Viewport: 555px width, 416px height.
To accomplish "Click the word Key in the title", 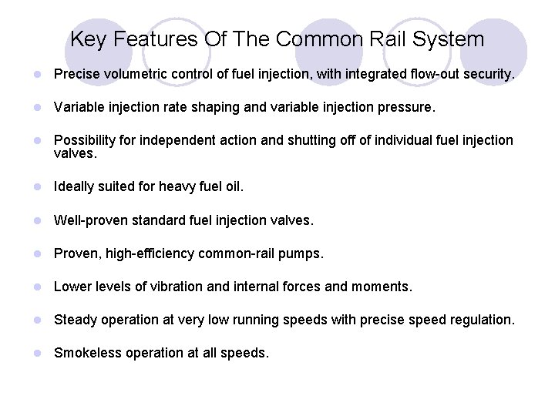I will (87, 39).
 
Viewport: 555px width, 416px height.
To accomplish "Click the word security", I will (486, 75).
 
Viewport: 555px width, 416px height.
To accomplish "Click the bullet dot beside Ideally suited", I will (37, 187).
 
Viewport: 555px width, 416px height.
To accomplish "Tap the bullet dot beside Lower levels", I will (37, 287).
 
